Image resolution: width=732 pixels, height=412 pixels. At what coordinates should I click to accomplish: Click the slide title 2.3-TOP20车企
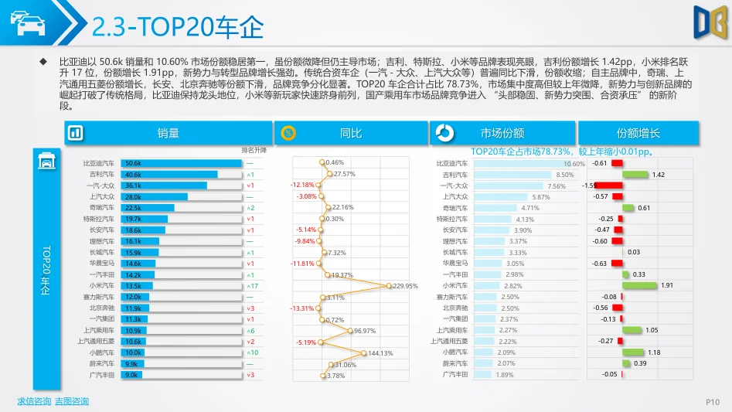(x=177, y=28)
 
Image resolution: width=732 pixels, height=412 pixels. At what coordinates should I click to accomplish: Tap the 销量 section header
(x=168, y=133)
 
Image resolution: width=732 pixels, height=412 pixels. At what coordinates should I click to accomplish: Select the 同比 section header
(x=351, y=133)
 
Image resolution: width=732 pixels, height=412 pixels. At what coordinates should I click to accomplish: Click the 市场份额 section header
(x=502, y=133)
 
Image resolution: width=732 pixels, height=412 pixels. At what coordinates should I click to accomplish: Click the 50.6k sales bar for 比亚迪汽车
(x=182, y=164)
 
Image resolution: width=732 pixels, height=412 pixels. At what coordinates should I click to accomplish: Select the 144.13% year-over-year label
(x=380, y=353)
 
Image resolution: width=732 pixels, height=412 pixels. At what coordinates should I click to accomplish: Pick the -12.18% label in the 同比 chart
(x=302, y=186)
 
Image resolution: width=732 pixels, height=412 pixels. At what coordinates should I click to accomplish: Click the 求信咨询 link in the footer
(x=34, y=401)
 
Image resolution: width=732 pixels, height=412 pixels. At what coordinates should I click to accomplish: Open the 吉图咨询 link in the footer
(x=72, y=401)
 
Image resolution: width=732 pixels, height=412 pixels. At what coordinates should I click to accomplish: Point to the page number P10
(x=713, y=402)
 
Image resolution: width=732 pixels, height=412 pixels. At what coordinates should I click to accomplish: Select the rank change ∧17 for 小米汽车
(x=252, y=286)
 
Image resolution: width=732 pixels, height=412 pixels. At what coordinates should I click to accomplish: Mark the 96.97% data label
(x=364, y=331)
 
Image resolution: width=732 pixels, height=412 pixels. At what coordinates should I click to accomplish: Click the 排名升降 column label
(x=254, y=150)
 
